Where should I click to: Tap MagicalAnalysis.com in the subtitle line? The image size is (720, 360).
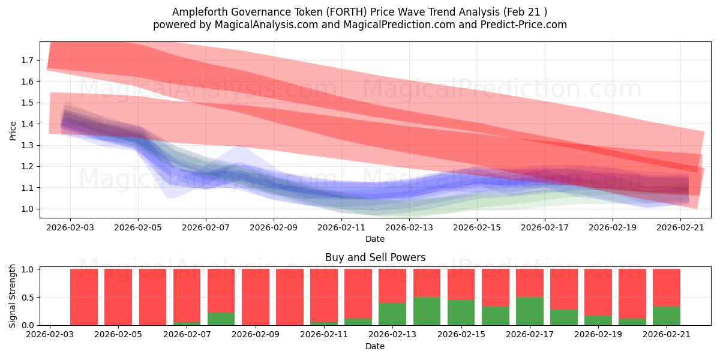(x=266, y=25)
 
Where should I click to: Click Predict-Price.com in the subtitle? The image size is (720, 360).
(x=524, y=25)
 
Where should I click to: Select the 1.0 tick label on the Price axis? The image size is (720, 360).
(x=27, y=209)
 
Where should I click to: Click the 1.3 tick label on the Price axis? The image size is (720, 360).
(x=27, y=145)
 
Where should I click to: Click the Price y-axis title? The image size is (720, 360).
(x=13, y=131)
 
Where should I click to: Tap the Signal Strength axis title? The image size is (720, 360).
(x=12, y=296)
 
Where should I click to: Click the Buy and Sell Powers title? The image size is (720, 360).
(x=375, y=257)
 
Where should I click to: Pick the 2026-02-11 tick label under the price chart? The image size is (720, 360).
(x=341, y=227)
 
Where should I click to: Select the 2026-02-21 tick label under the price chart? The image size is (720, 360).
(x=680, y=227)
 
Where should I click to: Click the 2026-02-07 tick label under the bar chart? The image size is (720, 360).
(x=187, y=335)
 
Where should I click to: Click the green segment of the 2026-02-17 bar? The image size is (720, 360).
(x=530, y=311)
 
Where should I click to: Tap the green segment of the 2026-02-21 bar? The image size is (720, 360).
(x=667, y=316)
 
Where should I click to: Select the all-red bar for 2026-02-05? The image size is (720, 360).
(x=118, y=297)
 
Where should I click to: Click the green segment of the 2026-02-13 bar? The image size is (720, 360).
(x=392, y=314)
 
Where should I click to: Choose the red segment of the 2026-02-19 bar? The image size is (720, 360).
(x=598, y=292)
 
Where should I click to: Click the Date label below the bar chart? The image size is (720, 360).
(x=375, y=346)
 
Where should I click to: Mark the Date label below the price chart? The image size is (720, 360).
(x=375, y=239)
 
